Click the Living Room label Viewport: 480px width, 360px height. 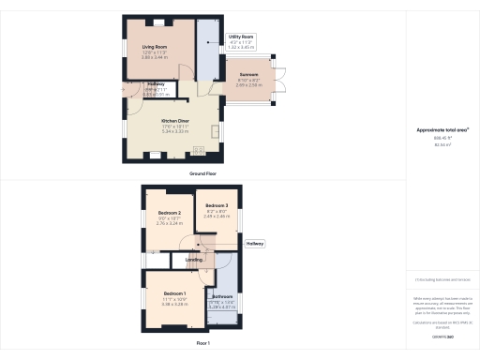[155, 47]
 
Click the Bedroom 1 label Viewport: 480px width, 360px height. [174, 294]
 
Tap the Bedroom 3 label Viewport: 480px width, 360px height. [217, 204]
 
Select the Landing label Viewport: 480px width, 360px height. [194, 260]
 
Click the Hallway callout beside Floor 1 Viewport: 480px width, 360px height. [255, 244]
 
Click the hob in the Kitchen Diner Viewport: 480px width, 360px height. [199, 150]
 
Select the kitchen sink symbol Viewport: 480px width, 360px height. [216, 129]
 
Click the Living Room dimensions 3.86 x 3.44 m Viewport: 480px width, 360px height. [155, 57]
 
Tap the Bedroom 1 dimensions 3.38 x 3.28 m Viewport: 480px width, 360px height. [174, 304]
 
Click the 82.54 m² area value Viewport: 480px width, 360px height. [442, 145]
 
